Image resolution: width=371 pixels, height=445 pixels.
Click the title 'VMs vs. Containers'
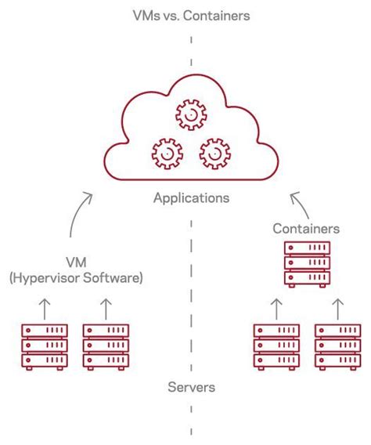point(190,15)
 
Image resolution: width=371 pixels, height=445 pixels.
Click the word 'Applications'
point(191,198)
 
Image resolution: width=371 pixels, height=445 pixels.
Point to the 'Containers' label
point(306,229)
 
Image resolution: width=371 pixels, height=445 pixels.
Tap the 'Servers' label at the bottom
point(191,388)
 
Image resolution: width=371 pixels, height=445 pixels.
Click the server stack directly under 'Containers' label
point(306,265)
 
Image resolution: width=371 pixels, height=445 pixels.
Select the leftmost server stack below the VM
point(45,345)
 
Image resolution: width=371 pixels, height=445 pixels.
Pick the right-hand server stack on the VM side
point(106,345)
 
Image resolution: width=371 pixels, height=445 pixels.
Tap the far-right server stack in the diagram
point(337,345)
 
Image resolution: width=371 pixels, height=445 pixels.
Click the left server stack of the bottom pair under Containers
point(276,345)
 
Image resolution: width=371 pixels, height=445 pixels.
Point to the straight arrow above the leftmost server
point(45,306)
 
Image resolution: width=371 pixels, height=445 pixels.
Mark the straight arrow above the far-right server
point(337,306)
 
